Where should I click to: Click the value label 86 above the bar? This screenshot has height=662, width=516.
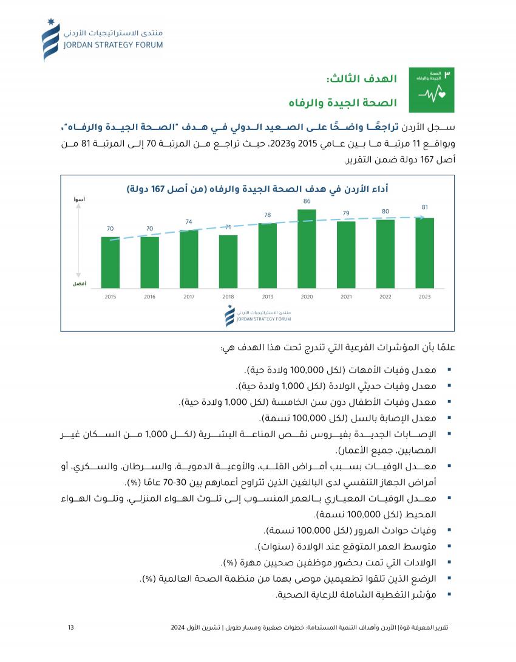[x=307, y=201]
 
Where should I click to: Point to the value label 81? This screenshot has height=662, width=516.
[x=425, y=207]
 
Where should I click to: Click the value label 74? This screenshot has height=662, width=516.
[x=189, y=222]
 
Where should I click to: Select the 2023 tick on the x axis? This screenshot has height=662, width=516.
[x=425, y=297]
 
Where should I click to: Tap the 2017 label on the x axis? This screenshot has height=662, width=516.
[x=189, y=297]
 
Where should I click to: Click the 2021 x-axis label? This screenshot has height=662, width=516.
[x=346, y=297]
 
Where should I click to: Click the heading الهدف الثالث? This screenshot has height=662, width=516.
[x=362, y=79]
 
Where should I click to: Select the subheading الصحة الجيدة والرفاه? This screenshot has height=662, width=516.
[x=345, y=102]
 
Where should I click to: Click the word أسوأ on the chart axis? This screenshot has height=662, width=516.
[x=79, y=199]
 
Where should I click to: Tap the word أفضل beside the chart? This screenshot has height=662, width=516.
[x=79, y=284]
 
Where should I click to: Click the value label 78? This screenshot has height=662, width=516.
[x=268, y=215]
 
